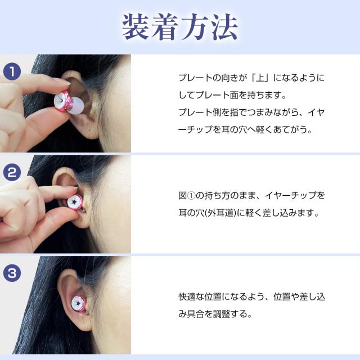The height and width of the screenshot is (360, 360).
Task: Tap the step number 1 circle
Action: click(x=12, y=73)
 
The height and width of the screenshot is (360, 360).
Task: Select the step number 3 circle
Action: click(x=12, y=273)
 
